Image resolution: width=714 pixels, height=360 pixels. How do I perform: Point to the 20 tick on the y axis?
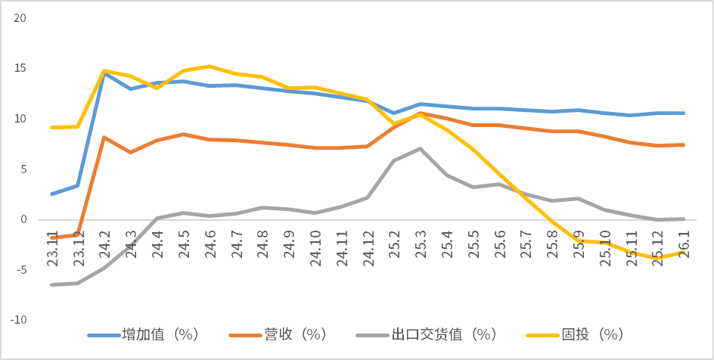pyautogui.click(x=20, y=18)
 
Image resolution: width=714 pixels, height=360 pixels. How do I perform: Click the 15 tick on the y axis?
pyautogui.click(x=20, y=68)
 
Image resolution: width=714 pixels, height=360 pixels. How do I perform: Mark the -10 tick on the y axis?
pyautogui.click(x=17, y=320)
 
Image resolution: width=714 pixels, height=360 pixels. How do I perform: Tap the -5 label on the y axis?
pyautogui.click(x=20, y=270)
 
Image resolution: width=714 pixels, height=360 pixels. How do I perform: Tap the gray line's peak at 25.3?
pyautogui.click(x=421, y=148)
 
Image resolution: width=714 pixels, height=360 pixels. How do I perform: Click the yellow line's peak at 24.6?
pyautogui.click(x=210, y=67)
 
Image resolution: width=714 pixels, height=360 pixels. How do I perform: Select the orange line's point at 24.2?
pyautogui.click(x=104, y=138)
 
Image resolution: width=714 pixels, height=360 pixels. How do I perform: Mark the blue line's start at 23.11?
pyautogui.click(x=51, y=194)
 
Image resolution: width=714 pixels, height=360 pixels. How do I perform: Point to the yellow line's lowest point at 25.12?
pyautogui.click(x=658, y=258)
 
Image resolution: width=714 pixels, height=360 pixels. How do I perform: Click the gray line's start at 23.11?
pyautogui.click(x=51, y=284)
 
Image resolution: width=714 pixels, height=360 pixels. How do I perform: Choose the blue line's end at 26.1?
pyautogui.click(x=685, y=113)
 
